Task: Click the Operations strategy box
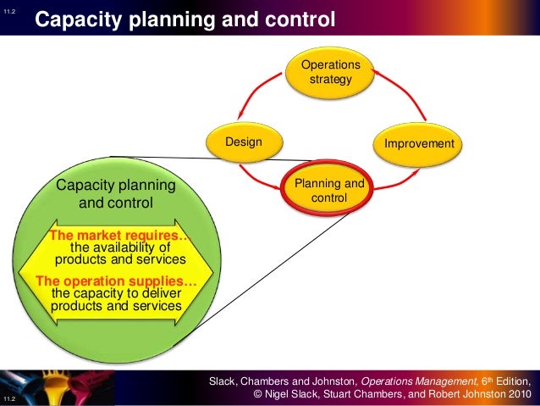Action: coord(330,73)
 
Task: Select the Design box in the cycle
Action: coord(243,142)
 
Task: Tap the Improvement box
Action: coord(419,143)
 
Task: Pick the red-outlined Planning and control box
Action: coord(329,190)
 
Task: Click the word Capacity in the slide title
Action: coord(83,18)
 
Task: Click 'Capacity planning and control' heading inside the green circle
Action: coord(115,194)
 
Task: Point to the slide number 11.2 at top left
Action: coord(9,9)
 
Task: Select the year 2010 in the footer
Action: coord(517,394)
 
